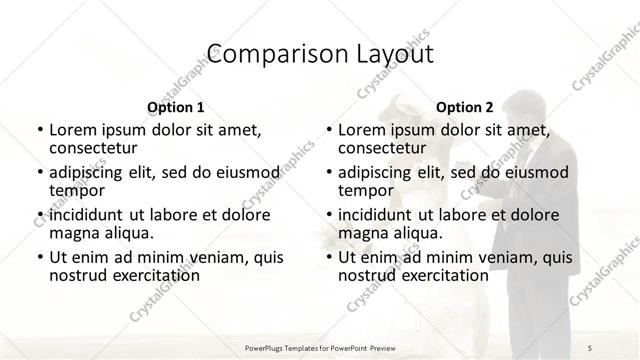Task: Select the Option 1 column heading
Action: tap(175, 107)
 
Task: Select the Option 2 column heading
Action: tap(465, 107)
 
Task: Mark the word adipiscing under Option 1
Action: tap(91, 171)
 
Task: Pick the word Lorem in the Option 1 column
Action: tap(73, 129)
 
